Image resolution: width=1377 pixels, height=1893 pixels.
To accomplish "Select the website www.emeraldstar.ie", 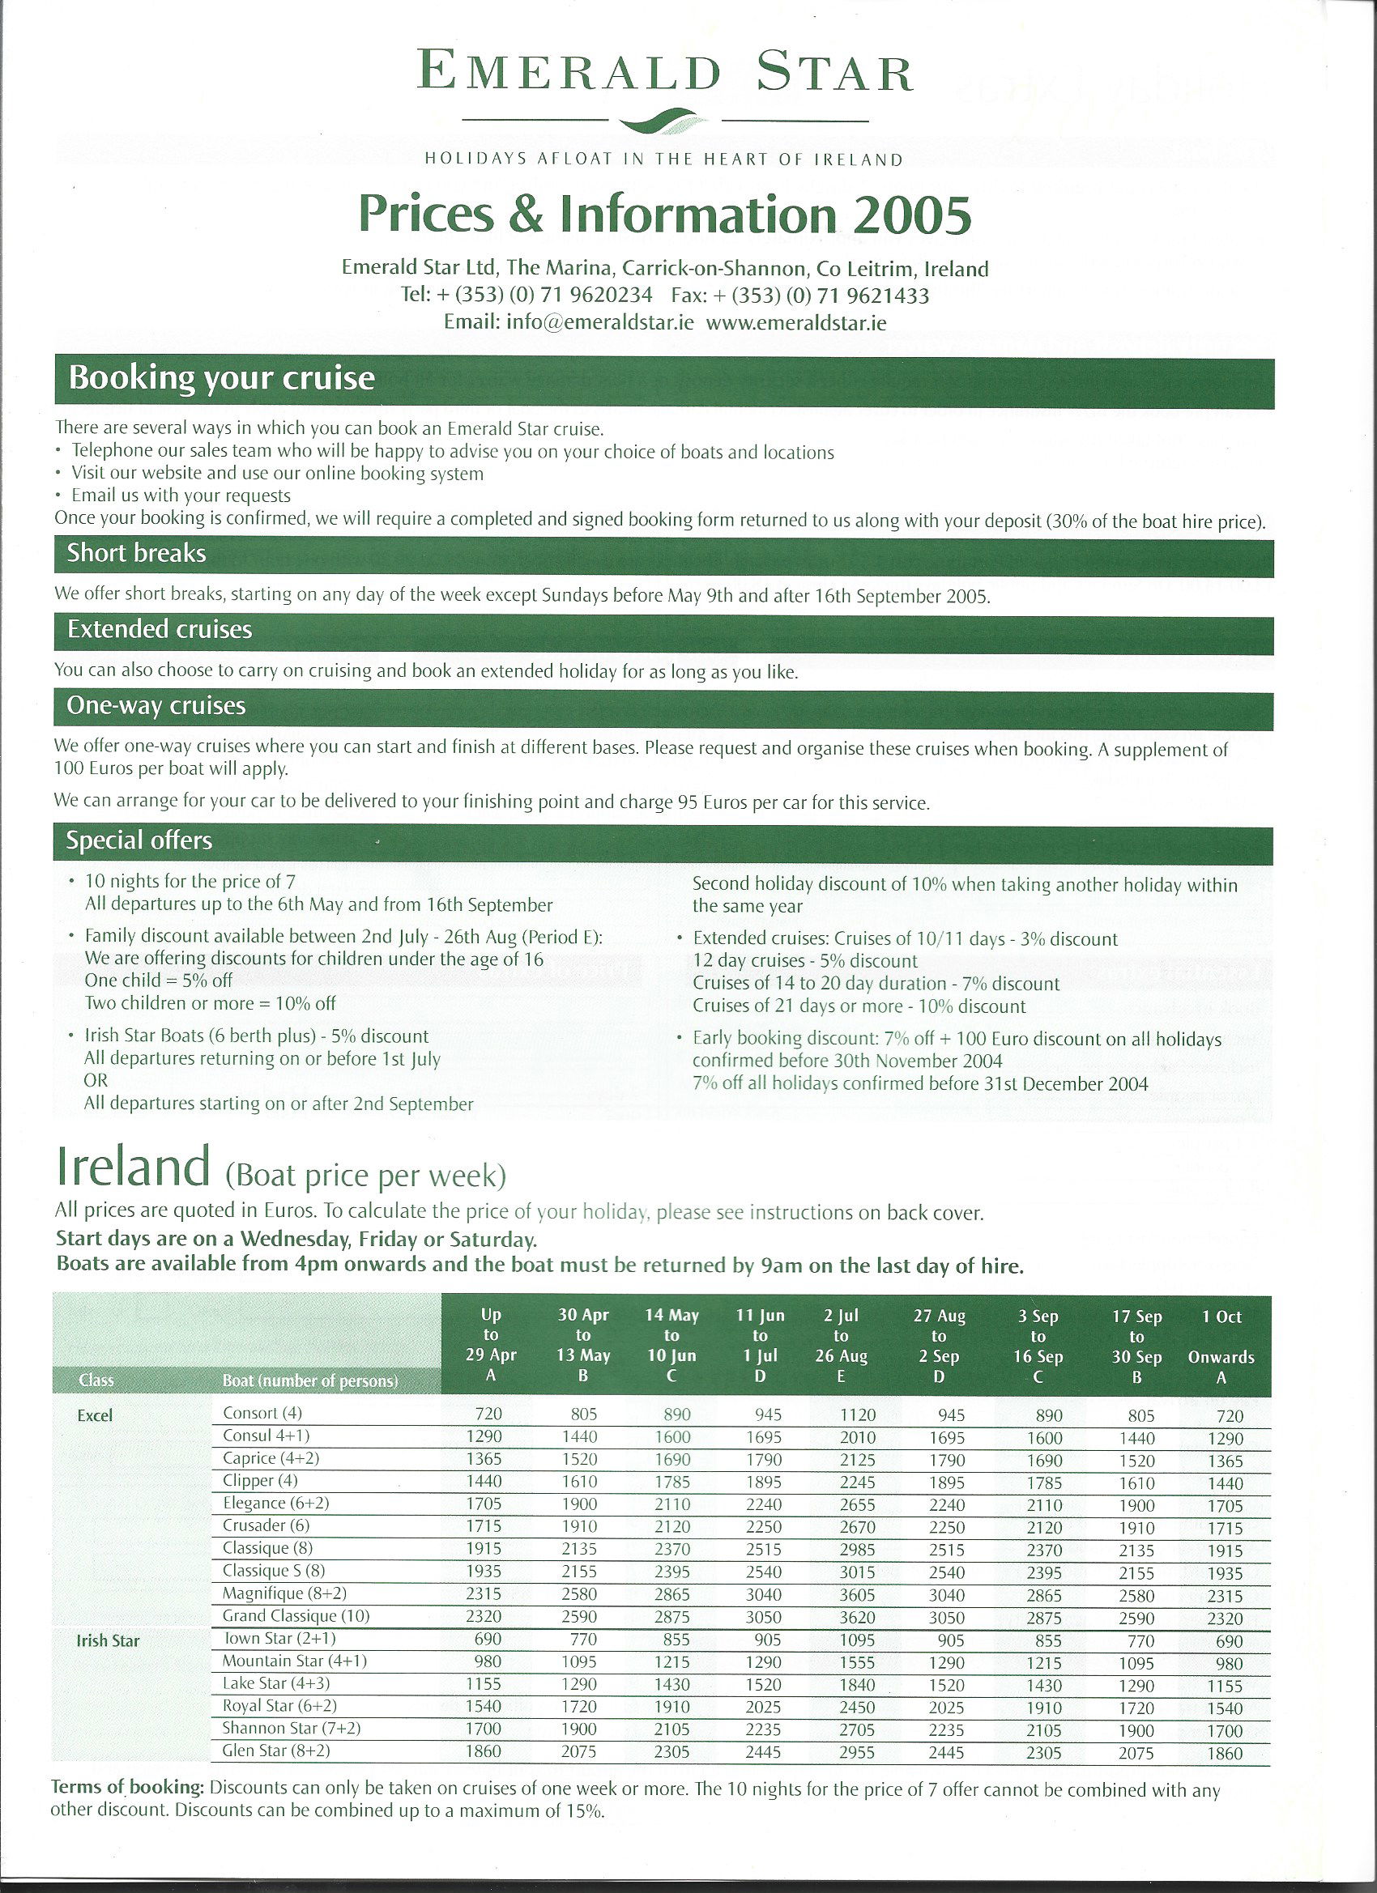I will click(795, 322).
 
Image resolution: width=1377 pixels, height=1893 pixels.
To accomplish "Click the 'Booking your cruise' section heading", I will click(221, 379).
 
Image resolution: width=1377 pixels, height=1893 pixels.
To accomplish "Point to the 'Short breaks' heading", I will click(136, 553).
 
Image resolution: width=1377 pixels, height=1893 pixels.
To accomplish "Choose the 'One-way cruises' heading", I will click(156, 706).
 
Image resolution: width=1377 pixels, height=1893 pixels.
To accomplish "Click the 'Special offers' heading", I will click(139, 840).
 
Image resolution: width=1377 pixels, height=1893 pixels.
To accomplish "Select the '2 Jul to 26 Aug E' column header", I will click(841, 1345).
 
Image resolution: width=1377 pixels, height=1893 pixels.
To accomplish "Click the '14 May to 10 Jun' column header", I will click(671, 1345).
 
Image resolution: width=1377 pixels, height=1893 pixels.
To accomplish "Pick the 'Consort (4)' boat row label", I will click(262, 1413).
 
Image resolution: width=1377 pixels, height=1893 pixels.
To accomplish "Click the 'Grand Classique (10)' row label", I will click(296, 1615).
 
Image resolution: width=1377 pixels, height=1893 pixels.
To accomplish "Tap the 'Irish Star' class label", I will click(108, 1640).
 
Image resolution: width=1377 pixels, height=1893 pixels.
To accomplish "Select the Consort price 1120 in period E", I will click(858, 1415).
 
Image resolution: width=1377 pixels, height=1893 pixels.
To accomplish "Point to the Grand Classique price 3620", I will click(858, 1618).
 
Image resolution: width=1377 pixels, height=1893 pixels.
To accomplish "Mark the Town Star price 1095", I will click(858, 1640).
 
